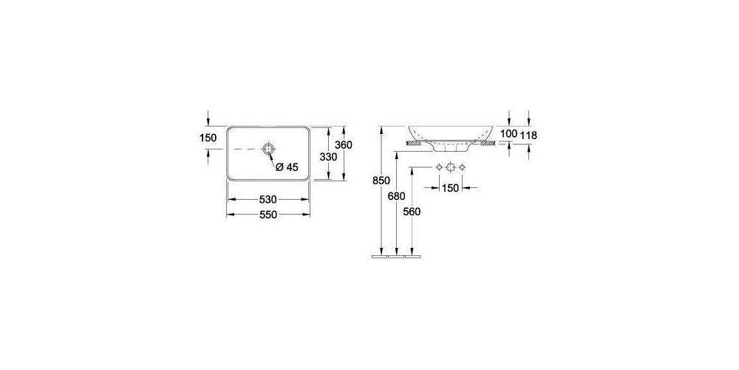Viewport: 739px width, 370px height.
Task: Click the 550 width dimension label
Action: point(268,215)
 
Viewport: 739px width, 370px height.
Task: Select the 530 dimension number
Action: point(268,200)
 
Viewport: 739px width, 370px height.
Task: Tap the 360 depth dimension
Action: point(344,145)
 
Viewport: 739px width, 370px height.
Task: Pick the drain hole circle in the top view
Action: point(268,150)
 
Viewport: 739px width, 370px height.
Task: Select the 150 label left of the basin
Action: point(208,138)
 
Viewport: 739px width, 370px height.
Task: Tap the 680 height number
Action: point(397,195)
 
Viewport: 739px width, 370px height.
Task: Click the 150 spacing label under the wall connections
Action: point(450,188)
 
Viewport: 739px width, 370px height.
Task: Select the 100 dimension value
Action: point(509,133)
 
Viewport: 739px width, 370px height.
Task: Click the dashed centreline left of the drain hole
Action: point(244,150)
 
